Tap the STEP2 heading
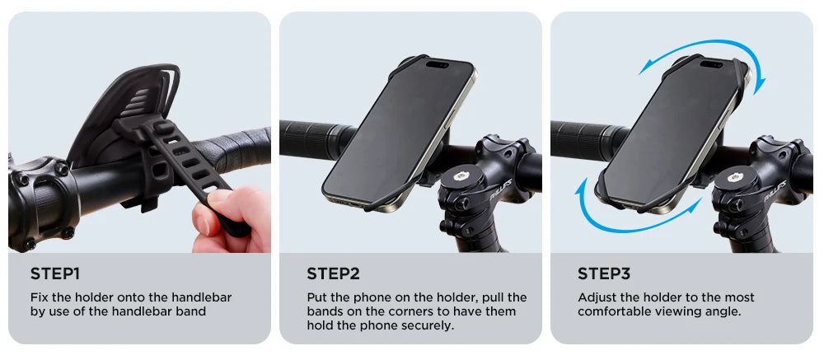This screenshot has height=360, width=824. [x=333, y=274]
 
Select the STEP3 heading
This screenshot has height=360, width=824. [x=604, y=274]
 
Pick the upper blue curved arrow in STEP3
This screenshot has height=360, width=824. [x=703, y=52]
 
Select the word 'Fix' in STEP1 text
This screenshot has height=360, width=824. [x=40, y=297]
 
